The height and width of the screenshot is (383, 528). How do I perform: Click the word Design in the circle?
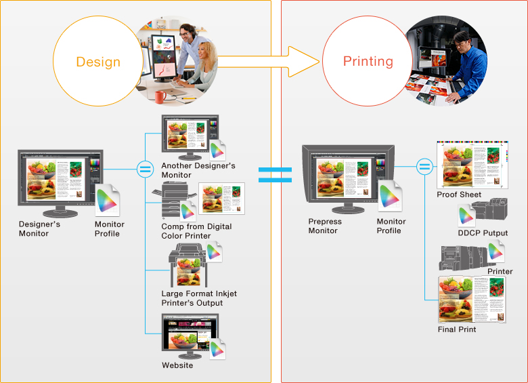[98, 62]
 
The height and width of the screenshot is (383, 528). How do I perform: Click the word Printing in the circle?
[368, 61]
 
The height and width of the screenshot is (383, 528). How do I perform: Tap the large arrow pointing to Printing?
[271, 62]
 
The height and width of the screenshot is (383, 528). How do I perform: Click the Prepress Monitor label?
[325, 226]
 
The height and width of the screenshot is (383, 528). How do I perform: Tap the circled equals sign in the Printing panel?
[424, 165]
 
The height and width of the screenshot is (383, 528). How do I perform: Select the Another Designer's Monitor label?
[198, 170]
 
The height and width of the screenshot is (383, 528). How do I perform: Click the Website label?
[177, 365]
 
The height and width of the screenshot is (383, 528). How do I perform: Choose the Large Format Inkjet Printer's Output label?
[199, 298]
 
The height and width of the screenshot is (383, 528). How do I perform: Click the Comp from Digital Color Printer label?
[196, 231]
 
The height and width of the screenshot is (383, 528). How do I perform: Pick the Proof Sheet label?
[459, 195]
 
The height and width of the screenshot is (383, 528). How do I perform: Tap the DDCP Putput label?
[483, 233]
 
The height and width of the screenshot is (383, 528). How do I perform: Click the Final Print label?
[457, 329]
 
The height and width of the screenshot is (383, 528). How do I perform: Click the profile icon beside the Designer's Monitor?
[108, 201]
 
